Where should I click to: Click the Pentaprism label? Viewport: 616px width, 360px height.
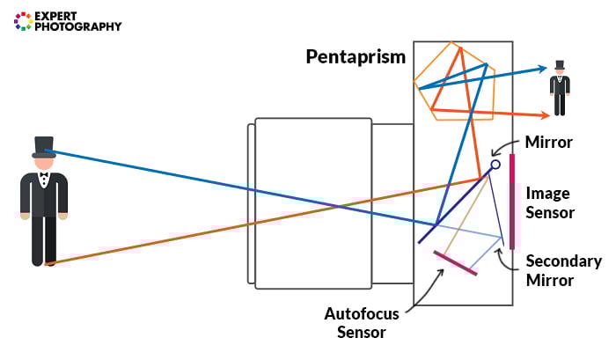pos(356,58)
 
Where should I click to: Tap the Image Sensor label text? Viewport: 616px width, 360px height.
pos(549,202)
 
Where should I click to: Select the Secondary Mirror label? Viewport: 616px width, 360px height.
pos(563,270)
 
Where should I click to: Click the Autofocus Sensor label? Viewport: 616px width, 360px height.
pos(362,321)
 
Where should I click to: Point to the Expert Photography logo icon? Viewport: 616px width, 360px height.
pos(22,21)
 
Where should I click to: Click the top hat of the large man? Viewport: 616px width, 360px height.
pos(44,147)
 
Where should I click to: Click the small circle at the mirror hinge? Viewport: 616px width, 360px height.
pos(495,165)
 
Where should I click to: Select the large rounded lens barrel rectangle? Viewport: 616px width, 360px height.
pos(312,202)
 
